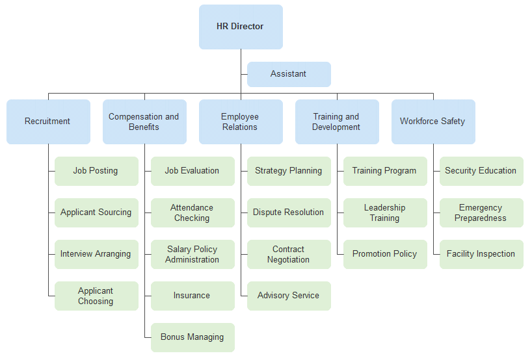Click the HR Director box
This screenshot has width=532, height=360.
pos(241,27)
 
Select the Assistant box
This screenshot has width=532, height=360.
pos(289,74)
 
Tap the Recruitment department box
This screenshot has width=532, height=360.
pos(48,122)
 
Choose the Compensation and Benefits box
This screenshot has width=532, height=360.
pos(144,122)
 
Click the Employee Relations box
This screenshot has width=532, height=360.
pos(241,122)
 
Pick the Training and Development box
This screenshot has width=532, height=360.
pos(337,122)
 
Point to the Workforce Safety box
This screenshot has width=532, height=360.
pos(433,122)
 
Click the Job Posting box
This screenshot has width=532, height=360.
pos(96,171)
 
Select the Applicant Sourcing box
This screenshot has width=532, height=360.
pos(96,212)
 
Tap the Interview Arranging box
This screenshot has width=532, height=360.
pos(96,254)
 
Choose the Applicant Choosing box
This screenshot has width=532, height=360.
pos(96,296)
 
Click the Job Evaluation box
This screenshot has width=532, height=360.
pos(193,171)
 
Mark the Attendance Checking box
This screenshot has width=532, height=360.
pos(193,212)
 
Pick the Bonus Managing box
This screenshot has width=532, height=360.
pos(193,337)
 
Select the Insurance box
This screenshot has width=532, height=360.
pos(193,296)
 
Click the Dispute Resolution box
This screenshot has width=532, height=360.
pos(289,212)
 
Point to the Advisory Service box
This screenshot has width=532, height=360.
pos(289,296)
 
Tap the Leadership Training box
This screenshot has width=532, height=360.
pos(385,212)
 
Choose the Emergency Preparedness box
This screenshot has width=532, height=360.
pos(481,212)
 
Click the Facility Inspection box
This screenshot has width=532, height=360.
pos(481,254)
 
